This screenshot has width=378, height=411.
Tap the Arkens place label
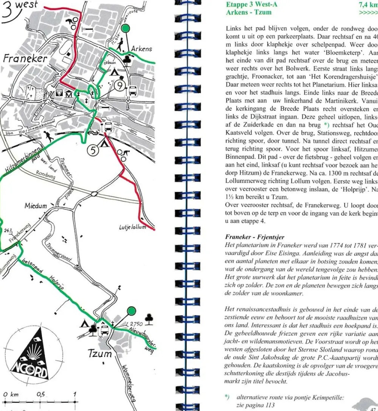coord(141,49)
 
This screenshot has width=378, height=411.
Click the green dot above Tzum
coord(131,311)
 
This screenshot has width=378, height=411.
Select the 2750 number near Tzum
coord(136,324)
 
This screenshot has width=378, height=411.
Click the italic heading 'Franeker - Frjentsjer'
coord(249,237)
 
